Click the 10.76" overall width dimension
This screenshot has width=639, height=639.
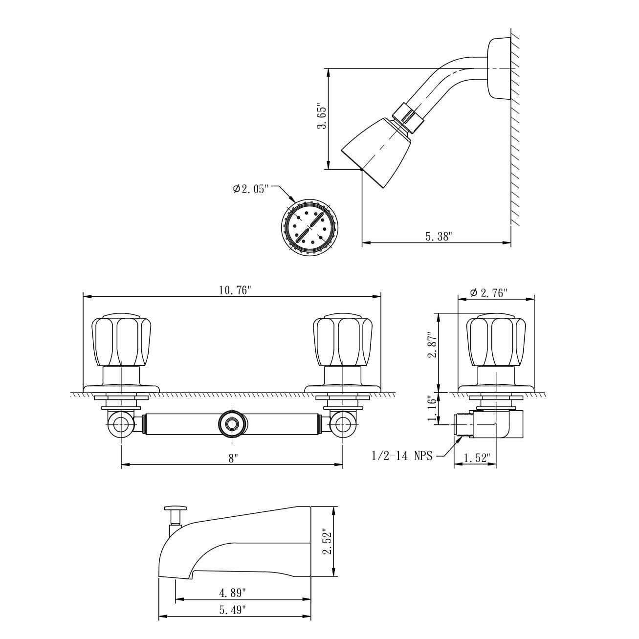(235, 290)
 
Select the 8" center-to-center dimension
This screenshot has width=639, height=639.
(233, 459)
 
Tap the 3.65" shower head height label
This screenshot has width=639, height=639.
(321, 116)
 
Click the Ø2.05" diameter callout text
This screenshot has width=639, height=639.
(251, 189)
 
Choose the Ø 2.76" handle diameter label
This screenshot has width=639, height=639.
(488, 293)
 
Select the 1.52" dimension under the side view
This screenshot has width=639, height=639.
(476, 458)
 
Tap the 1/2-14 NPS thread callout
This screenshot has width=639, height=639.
(402, 456)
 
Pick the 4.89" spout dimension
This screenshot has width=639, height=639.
(233, 593)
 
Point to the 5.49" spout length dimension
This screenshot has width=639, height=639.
(233, 610)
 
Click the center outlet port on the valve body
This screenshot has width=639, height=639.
(231, 423)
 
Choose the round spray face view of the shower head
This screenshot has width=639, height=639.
(309, 227)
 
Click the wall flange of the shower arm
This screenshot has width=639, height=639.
(499, 68)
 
